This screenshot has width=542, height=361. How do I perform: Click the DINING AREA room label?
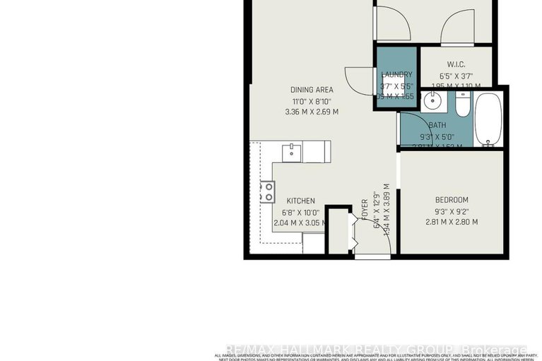pyautogui.click(x=312, y=90)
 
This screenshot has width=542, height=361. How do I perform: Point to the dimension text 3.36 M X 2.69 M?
pyautogui.click(x=312, y=112)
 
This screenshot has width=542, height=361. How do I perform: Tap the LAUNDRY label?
pyautogui.click(x=396, y=75)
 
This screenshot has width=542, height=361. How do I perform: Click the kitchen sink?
pyautogui.click(x=291, y=150)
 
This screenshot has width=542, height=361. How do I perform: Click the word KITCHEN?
pyautogui.click(x=301, y=201)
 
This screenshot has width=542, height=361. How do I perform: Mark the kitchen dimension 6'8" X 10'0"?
pyautogui.click(x=301, y=213)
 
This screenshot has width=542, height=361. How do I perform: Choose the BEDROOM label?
pyautogui.click(x=452, y=200)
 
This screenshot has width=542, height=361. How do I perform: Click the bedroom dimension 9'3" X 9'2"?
pyautogui.click(x=452, y=211)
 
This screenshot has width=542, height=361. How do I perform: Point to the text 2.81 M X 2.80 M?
pyautogui.click(x=452, y=222)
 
